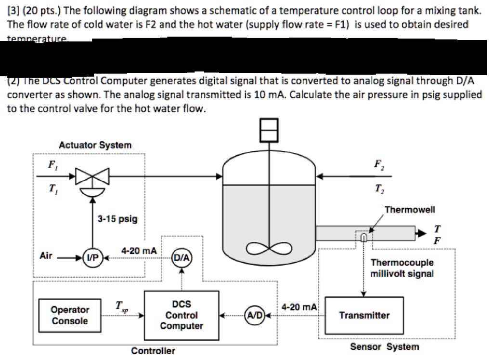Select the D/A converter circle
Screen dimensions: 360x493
pos(182,257)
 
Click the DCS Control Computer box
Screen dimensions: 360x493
pos(182,316)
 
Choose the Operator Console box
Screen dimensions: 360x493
pos(70,316)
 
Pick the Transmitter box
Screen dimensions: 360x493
pos(364,316)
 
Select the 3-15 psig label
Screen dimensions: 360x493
pos(117,219)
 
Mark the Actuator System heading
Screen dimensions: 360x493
pos(95,145)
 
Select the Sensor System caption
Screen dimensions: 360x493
pos(384,347)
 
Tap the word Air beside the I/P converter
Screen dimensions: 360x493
pos(46,256)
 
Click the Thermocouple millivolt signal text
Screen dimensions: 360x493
pos(402,268)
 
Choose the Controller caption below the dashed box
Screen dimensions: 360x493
pos(153,351)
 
